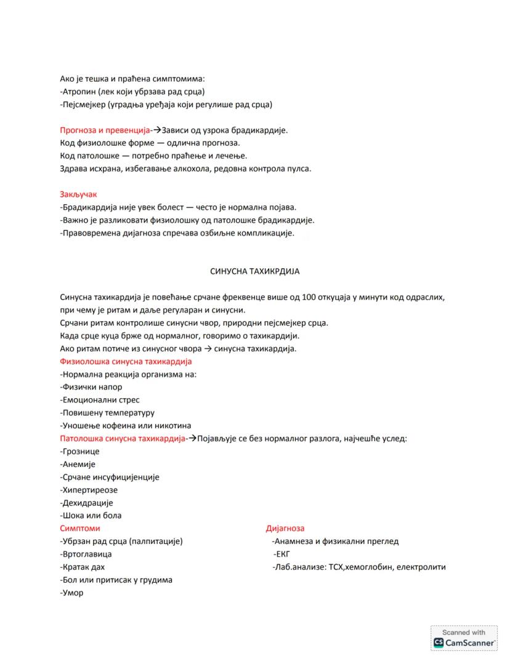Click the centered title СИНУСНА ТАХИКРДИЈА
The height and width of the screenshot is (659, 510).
pos(254,271)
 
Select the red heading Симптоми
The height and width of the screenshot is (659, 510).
pos(80,529)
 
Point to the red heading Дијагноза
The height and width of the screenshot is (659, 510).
pos(285,529)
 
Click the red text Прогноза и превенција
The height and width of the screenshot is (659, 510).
pos(105,130)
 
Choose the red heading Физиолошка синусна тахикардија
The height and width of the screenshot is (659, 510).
pos(126,361)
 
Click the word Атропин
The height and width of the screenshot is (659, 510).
pos(78,92)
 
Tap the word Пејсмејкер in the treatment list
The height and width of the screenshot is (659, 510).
pos(83,105)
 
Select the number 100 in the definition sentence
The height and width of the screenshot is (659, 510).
pos(310,297)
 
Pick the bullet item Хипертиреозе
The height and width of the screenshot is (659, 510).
pos(89,490)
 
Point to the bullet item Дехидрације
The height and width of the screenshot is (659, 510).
pos(87,503)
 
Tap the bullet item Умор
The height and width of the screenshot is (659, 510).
pos(72,593)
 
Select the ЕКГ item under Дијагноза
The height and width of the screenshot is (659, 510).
pos(282,554)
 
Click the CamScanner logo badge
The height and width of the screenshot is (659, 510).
pos(464,638)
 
